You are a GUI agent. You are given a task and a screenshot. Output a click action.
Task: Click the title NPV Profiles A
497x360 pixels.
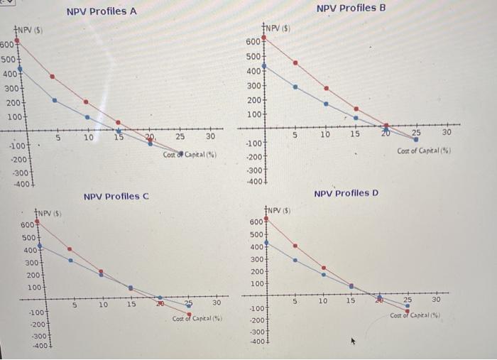pyautogui.click(x=102, y=11)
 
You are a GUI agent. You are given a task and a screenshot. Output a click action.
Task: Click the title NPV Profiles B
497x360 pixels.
pyautogui.click(x=351, y=8)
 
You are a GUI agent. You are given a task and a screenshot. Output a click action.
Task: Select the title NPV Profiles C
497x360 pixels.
pyautogui.click(x=116, y=196)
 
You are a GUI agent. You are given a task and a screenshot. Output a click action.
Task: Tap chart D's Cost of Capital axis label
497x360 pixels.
pyautogui.click(x=417, y=315)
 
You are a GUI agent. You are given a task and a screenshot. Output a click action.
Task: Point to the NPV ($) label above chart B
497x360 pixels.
pyautogui.click(x=279, y=28)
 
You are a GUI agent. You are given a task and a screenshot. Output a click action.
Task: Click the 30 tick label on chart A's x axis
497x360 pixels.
pyautogui.click(x=210, y=136)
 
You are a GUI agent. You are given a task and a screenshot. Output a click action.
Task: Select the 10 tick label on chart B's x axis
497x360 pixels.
pyautogui.click(x=324, y=133)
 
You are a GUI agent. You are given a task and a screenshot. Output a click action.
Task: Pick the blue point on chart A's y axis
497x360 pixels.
pyautogui.click(x=19, y=69)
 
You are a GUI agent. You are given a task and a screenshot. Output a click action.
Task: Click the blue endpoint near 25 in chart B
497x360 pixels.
pyautogui.click(x=416, y=139)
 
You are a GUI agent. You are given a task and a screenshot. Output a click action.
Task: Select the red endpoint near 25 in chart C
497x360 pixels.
pyautogui.click(x=189, y=314)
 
